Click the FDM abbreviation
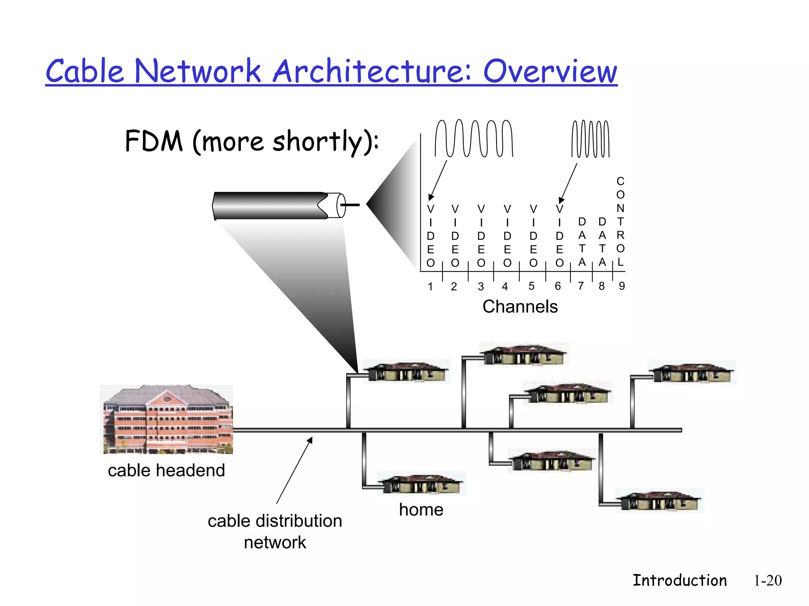(x=154, y=141)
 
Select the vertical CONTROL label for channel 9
(x=620, y=222)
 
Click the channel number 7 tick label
(x=581, y=286)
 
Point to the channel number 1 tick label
(x=430, y=286)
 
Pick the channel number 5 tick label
(x=531, y=286)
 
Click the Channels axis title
(x=520, y=307)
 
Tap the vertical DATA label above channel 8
(x=602, y=242)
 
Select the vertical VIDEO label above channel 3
(x=481, y=236)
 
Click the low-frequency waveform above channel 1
(x=474, y=138)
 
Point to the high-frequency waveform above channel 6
(x=591, y=139)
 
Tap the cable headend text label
(x=166, y=470)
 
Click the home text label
(x=421, y=510)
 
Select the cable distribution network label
(x=275, y=531)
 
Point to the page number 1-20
(x=768, y=580)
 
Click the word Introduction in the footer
(x=679, y=580)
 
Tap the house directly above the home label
(x=421, y=484)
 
